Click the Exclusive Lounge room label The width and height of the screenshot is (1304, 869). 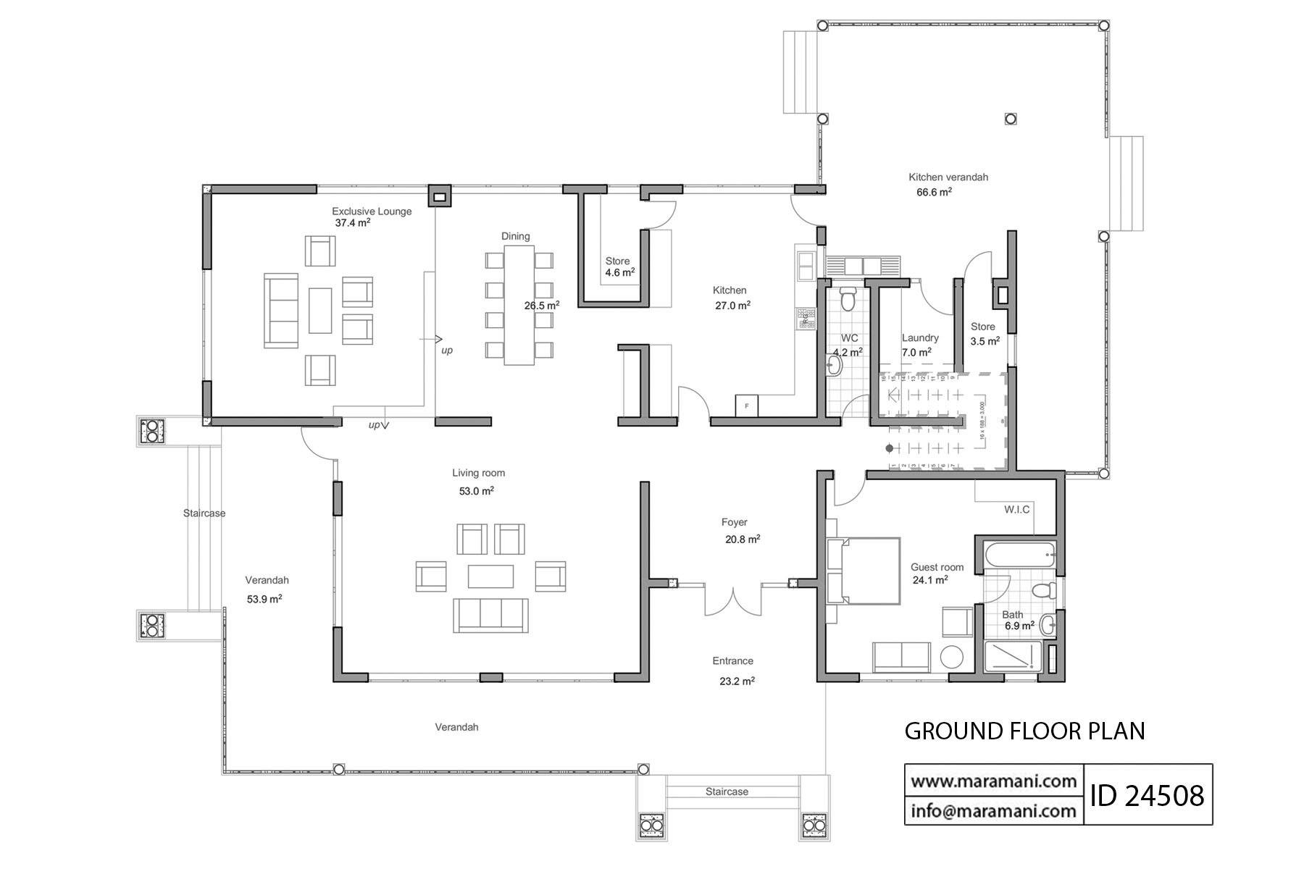point(372,211)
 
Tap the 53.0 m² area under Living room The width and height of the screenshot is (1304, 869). point(476,491)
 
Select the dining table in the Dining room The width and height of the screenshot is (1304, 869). point(519,305)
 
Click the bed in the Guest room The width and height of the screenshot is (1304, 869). point(864,571)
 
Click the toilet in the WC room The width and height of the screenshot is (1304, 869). point(848,297)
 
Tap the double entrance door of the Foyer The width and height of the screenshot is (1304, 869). point(733,599)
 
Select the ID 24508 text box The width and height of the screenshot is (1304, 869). point(1148,794)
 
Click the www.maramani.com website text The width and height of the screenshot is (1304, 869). point(993,781)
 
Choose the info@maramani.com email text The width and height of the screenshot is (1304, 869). point(993,810)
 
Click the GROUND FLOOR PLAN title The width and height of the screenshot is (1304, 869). point(1024,731)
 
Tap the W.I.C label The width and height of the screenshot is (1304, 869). point(1016,510)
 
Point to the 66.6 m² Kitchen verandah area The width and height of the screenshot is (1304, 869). point(934,193)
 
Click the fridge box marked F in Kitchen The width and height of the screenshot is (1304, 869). point(746,406)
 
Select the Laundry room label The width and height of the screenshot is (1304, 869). point(920,337)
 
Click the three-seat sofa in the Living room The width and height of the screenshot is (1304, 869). point(490,615)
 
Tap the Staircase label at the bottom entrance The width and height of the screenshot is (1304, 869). point(727,792)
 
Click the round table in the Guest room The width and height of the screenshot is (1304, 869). point(952,658)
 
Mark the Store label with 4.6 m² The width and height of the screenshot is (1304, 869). point(618,261)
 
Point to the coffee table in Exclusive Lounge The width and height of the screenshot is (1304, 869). point(320,310)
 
